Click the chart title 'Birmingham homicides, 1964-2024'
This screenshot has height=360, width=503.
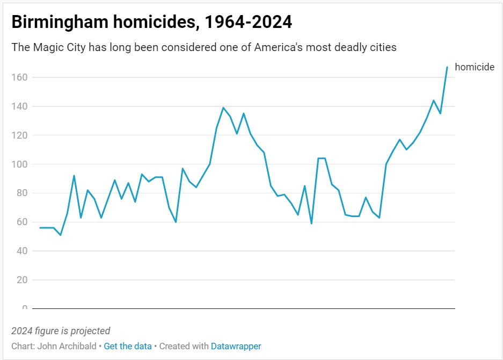(152, 23)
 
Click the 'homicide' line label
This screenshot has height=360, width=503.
(475, 67)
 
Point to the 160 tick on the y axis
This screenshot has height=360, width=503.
(19, 77)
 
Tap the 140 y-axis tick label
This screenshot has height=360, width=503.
(19, 106)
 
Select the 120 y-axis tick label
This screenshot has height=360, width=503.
(19, 135)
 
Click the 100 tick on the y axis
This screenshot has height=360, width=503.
(19, 164)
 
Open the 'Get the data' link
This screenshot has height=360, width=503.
(128, 347)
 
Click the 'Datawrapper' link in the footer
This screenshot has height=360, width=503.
(236, 347)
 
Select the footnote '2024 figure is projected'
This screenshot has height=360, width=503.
(61, 331)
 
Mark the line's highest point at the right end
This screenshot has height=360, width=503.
(447, 67)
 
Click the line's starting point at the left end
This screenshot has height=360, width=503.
(40, 228)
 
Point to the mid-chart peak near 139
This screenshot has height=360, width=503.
(223, 107)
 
